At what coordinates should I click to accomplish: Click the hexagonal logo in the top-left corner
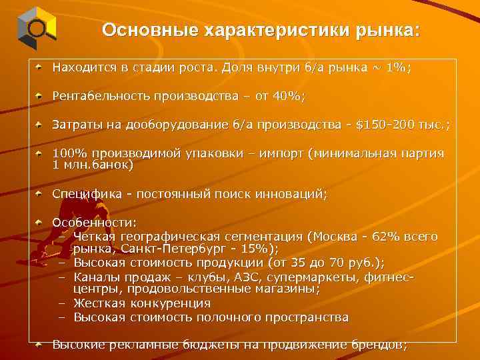[34, 27]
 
